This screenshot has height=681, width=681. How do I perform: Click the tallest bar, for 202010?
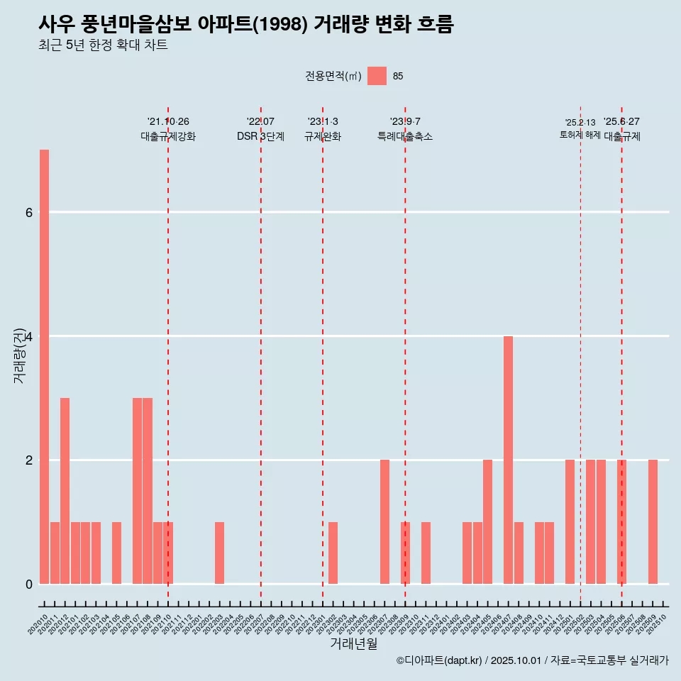(44, 367)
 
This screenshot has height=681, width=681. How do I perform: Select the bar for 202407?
(508, 460)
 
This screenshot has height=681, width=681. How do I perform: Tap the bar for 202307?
(384, 521)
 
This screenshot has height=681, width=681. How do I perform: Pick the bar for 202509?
(653, 521)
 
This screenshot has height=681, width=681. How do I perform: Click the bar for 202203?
(220, 553)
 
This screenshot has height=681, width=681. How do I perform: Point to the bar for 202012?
(65, 491)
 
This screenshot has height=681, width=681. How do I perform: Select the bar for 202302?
(333, 553)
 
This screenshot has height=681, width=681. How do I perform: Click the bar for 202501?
(570, 521)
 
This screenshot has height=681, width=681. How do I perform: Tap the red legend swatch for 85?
(377, 76)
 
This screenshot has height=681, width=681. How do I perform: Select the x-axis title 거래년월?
(353, 643)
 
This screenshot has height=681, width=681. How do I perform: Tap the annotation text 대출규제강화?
(168, 137)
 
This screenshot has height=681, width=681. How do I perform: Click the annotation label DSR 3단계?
(260, 137)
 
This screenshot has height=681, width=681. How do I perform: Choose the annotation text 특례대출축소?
(405, 137)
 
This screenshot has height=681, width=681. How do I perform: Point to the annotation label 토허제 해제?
(580, 135)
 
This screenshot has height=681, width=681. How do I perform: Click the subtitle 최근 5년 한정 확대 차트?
(103, 45)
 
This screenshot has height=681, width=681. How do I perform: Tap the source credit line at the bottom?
(532, 660)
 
